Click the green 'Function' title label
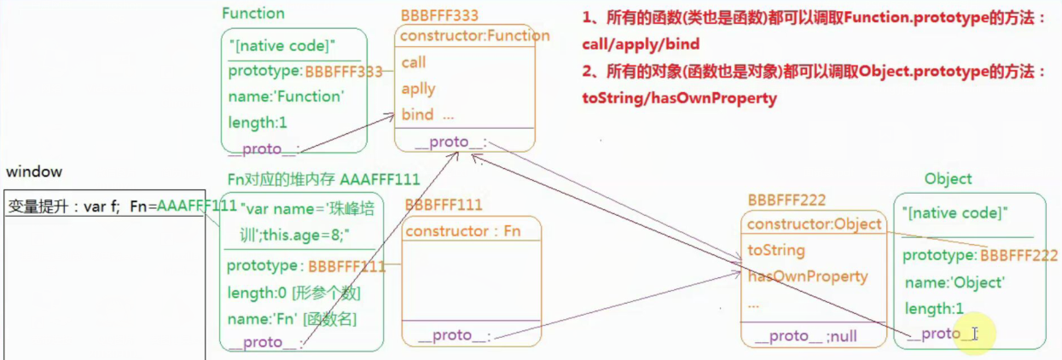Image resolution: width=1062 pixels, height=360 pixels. (252, 14)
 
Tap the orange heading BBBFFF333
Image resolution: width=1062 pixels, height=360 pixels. (439, 15)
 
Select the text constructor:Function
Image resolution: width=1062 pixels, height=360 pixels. (474, 36)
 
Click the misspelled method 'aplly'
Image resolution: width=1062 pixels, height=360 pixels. (418, 89)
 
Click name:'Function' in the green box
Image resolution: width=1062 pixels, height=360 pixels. (286, 96)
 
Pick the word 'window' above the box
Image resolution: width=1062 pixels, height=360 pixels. (33, 171)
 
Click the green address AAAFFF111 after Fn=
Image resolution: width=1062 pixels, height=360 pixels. (197, 206)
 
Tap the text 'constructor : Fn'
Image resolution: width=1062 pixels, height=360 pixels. (462, 230)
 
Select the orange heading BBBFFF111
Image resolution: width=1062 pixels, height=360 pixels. (443, 205)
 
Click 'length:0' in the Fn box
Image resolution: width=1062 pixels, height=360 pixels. (256, 293)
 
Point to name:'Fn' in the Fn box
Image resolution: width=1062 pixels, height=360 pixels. (256, 318)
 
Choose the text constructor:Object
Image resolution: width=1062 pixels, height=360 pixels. (814, 224)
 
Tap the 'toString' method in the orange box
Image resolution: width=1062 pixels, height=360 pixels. (775, 250)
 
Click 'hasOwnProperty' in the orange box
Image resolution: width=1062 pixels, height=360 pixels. (807, 276)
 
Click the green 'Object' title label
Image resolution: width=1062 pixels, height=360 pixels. (948, 178)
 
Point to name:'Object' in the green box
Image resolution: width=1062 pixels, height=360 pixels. (954, 282)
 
